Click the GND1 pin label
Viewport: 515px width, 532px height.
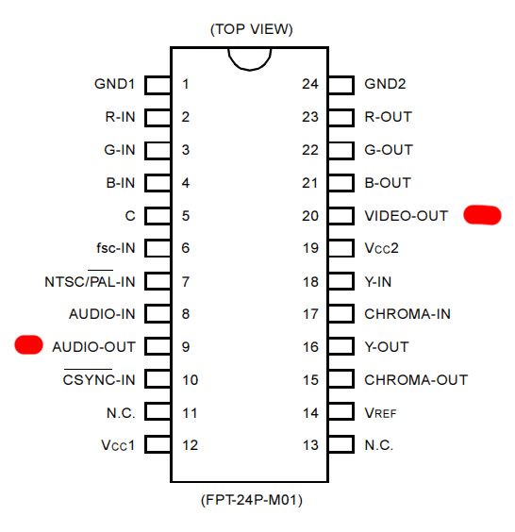(114, 84)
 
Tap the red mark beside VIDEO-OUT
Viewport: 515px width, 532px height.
(482, 215)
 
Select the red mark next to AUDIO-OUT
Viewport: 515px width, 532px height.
(28, 344)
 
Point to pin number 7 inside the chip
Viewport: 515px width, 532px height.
(185, 282)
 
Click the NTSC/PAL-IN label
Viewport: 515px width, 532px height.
(90, 281)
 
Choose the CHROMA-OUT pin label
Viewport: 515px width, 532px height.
(416, 379)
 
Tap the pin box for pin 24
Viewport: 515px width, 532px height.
(341, 85)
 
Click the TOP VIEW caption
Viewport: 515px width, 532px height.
(252, 29)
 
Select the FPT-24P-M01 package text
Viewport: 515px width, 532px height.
(252, 500)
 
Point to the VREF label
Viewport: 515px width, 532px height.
(380, 413)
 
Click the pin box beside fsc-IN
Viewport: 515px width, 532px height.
(158, 248)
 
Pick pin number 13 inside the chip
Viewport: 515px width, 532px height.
(310, 445)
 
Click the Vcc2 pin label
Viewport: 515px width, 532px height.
(381, 248)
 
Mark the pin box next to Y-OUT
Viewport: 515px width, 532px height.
(341, 346)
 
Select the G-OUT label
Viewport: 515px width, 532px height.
(389, 150)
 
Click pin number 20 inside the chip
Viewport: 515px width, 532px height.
(310, 216)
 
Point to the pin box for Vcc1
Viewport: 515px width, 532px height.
(158, 444)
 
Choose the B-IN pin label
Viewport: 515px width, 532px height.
(121, 183)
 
